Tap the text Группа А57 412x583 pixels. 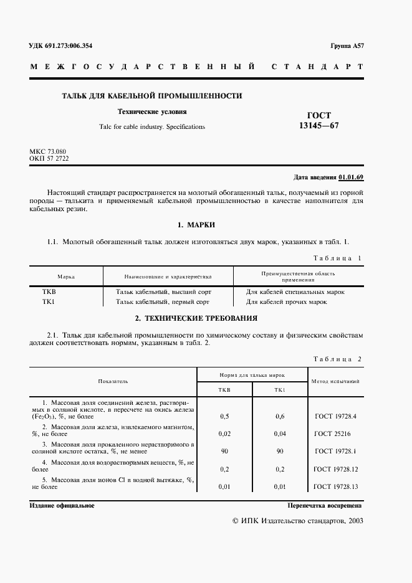(347, 47)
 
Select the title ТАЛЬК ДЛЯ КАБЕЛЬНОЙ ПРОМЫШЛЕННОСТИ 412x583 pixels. (152, 96)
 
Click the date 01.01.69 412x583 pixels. (351, 177)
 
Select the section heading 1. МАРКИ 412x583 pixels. (196, 225)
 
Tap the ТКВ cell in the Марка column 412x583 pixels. (49, 291)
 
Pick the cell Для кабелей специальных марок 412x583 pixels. (295, 291)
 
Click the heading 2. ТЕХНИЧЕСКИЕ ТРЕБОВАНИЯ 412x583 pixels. (196, 318)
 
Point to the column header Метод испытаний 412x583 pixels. (335, 381)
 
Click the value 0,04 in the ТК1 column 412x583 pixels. (279, 433)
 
